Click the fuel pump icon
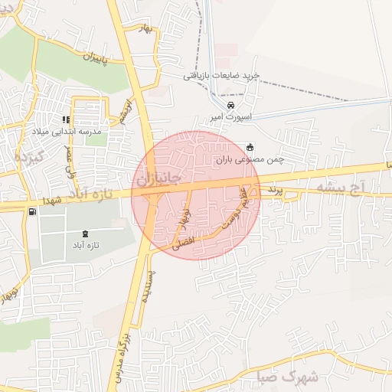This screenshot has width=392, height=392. click(31, 212)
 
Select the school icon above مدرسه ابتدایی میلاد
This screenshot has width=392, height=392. click(67, 119)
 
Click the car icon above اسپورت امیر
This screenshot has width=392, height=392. click(231, 105)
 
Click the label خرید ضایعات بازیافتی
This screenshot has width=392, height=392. click(222, 76)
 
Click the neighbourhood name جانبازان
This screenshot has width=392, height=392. click(159, 178)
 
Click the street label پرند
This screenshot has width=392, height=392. click(275, 188)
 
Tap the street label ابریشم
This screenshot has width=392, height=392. click(126, 111)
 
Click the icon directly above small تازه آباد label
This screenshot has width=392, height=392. click(83, 234)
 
